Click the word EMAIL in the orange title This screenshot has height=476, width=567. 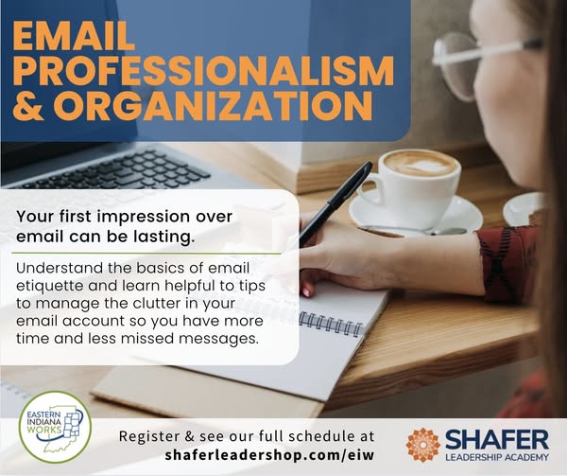(74, 36)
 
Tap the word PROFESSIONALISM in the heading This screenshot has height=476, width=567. (203, 70)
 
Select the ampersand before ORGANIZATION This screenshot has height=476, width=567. (28, 105)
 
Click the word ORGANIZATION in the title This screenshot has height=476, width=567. (214, 105)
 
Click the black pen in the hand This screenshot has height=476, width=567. (335, 204)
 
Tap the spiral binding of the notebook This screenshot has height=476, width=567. (331, 324)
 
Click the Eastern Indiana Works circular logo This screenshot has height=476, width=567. (55, 427)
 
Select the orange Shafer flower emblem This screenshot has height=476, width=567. (422, 445)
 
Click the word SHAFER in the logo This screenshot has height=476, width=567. (497, 440)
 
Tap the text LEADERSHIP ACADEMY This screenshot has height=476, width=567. (497, 457)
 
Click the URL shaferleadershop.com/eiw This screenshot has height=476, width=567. (269, 454)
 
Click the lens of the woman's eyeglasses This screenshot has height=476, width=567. (456, 66)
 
